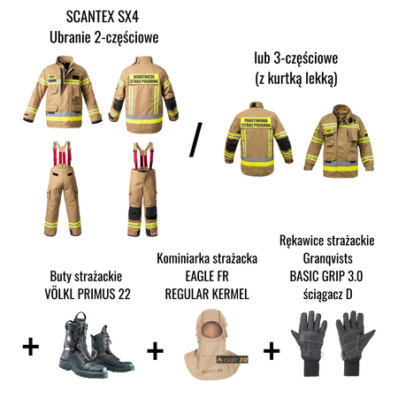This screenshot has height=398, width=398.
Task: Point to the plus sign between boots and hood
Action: click(x=155, y=350)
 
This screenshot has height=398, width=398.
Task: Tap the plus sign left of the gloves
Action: click(x=272, y=351)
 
